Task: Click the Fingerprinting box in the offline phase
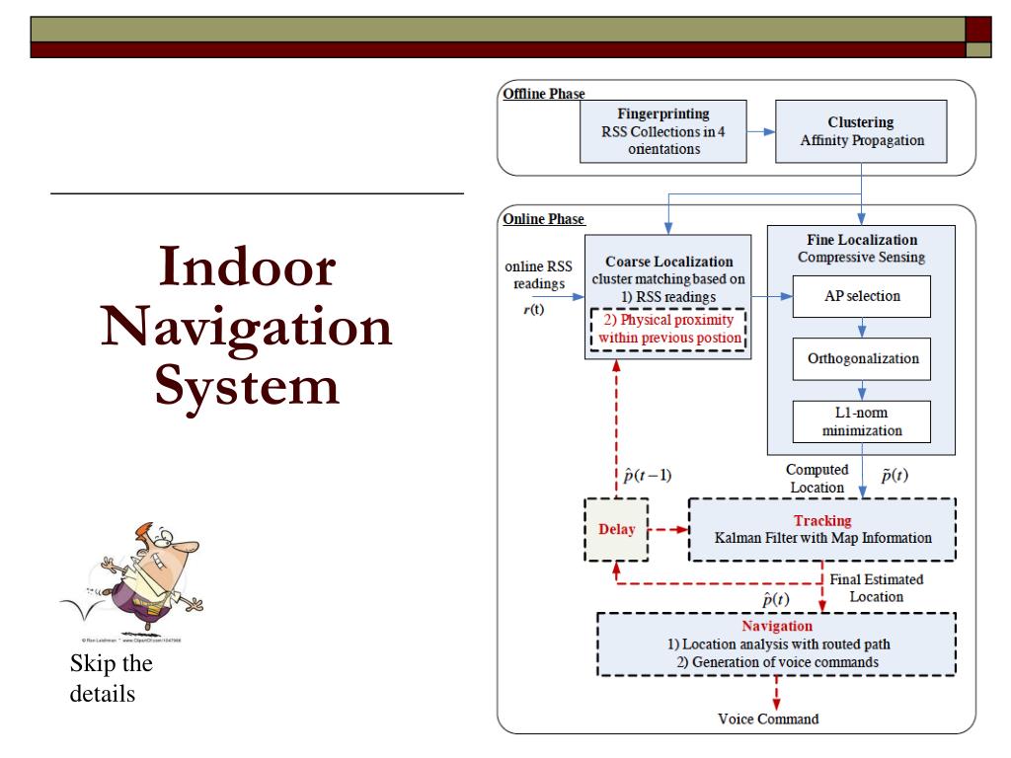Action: (x=662, y=131)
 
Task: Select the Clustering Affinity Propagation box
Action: (x=862, y=131)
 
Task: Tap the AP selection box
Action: (x=862, y=296)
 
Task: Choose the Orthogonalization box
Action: (x=862, y=358)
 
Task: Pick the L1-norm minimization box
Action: (x=862, y=421)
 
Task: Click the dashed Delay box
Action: (x=617, y=530)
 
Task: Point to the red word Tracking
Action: (x=821, y=520)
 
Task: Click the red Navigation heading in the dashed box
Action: (x=777, y=626)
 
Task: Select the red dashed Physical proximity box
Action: (x=668, y=331)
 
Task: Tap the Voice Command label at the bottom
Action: (x=767, y=719)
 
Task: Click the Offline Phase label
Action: (x=544, y=95)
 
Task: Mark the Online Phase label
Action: (x=543, y=219)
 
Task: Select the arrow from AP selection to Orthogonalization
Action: (x=862, y=328)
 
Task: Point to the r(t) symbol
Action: (x=531, y=311)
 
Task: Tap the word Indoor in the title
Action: (x=247, y=266)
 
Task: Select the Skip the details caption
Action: (x=111, y=678)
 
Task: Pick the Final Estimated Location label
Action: (x=866, y=588)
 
